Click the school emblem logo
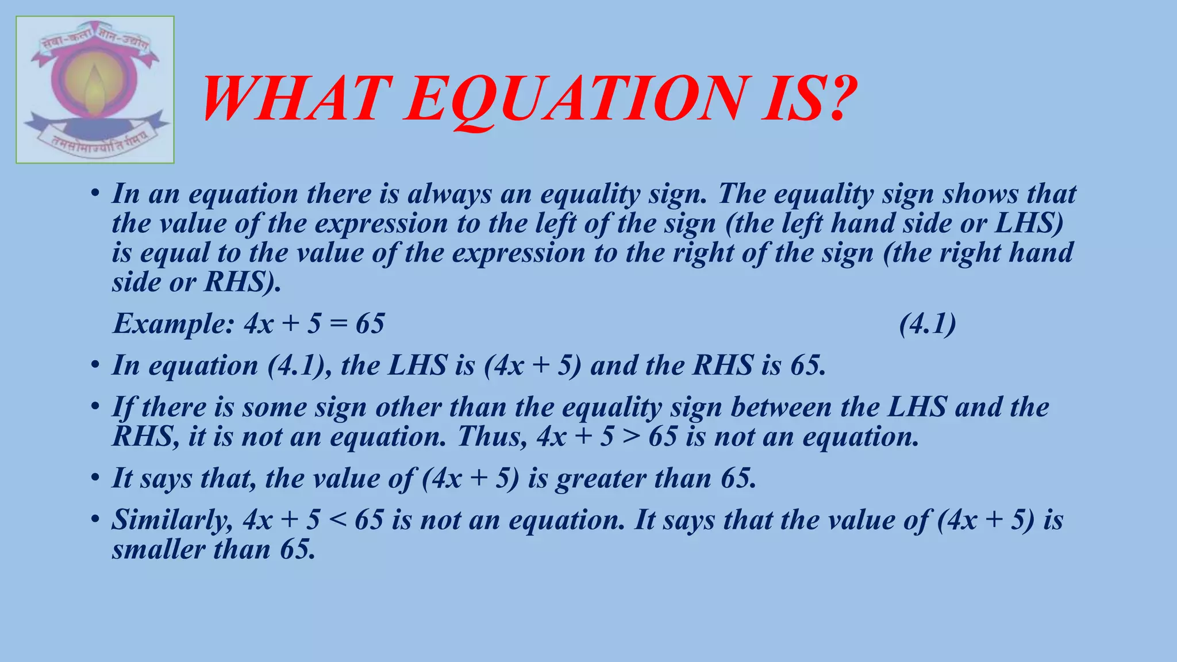[95, 90]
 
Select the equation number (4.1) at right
[928, 324]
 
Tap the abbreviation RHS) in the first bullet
[243, 282]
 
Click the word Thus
[492, 437]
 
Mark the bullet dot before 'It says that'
[95, 478]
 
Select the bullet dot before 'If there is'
[95, 407]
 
